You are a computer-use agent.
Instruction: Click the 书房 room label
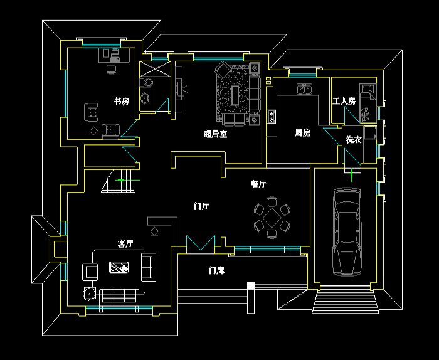pyautogui.click(x=121, y=101)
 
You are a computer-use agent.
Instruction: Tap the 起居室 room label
pyautogui.click(x=215, y=134)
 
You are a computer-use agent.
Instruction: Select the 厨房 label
pyautogui.click(x=303, y=133)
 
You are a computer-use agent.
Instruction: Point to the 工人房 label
pyautogui.click(x=344, y=101)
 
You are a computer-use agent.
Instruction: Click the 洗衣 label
pyautogui.click(x=354, y=139)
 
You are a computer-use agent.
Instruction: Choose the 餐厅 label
pyautogui.click(x=258, y=184)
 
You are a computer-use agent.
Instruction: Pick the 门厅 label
pyautogui.click(x=201, y=206)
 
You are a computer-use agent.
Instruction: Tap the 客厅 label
pyautogui.click(x=125, y=243)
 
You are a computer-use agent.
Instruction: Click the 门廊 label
pyautogui.click(x=217, y=271)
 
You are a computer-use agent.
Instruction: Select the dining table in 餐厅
pyautogui.click(x=272, y=218)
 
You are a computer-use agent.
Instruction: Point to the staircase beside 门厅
pyautogui.click(x=121, y=181)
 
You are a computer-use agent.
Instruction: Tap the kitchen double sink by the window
pyautogui.click(x=305, y=89)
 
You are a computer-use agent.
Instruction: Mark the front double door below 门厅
pyautogui.click(x=201, y=243)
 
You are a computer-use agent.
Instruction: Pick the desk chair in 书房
pyautogui.click(x=112, y=68)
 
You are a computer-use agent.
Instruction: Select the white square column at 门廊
pyautogui.click(x=251, y=285)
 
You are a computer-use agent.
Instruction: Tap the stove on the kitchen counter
pyautogui.click(x=271, y=116)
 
